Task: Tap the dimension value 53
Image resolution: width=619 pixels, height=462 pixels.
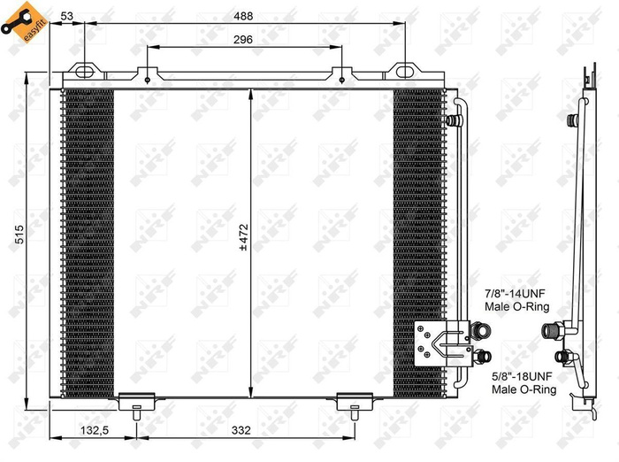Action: pyautogui.click(x=68, y=15)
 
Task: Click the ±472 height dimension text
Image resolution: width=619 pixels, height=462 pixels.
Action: pyautogui.click(x=244, y=238)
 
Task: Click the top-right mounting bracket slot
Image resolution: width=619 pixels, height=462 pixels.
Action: pyautogui.click(x=402, y=70)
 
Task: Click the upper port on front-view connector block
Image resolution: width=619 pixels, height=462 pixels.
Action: pyautogui.click(x=483, y=331)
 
